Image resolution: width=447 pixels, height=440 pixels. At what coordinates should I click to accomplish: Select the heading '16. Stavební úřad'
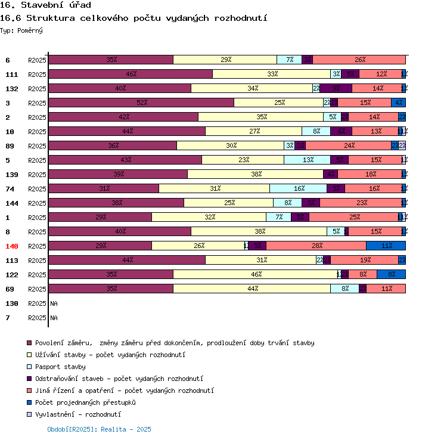coord(45,5)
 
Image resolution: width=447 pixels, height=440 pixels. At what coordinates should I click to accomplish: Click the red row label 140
coord(12,246)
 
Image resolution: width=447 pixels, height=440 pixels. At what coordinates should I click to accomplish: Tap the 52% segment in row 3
coord(141,103)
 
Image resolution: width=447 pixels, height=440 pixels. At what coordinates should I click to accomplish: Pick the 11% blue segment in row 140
coord(386,246)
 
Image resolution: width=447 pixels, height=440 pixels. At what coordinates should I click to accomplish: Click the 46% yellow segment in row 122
coord(255,274)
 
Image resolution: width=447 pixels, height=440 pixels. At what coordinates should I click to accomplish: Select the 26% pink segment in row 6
coord(359,60)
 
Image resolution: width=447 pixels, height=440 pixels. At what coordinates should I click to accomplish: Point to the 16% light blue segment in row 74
coord(298,188)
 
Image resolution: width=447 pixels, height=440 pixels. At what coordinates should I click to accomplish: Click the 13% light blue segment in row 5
coord(307,160)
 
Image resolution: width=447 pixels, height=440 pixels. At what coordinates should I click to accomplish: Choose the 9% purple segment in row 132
coord(336,88)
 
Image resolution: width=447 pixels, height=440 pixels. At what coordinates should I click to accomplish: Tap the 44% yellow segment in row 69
coord(252,289)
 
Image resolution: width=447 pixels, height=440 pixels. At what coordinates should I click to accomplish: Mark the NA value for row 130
coord(54,303)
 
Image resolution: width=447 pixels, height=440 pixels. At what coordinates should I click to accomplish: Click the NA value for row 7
coord(54,318)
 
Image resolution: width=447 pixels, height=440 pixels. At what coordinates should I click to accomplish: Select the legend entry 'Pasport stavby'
coord(60,367)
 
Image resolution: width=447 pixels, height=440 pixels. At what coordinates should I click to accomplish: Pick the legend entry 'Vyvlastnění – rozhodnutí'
coord(78,414)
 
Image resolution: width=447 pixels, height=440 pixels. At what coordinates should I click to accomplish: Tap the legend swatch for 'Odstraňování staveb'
coord(29,379)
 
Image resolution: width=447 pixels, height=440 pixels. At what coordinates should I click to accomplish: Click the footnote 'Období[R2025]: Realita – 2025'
coord(99,429)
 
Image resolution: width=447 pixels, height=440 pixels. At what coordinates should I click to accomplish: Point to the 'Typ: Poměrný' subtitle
coord(21,30)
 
